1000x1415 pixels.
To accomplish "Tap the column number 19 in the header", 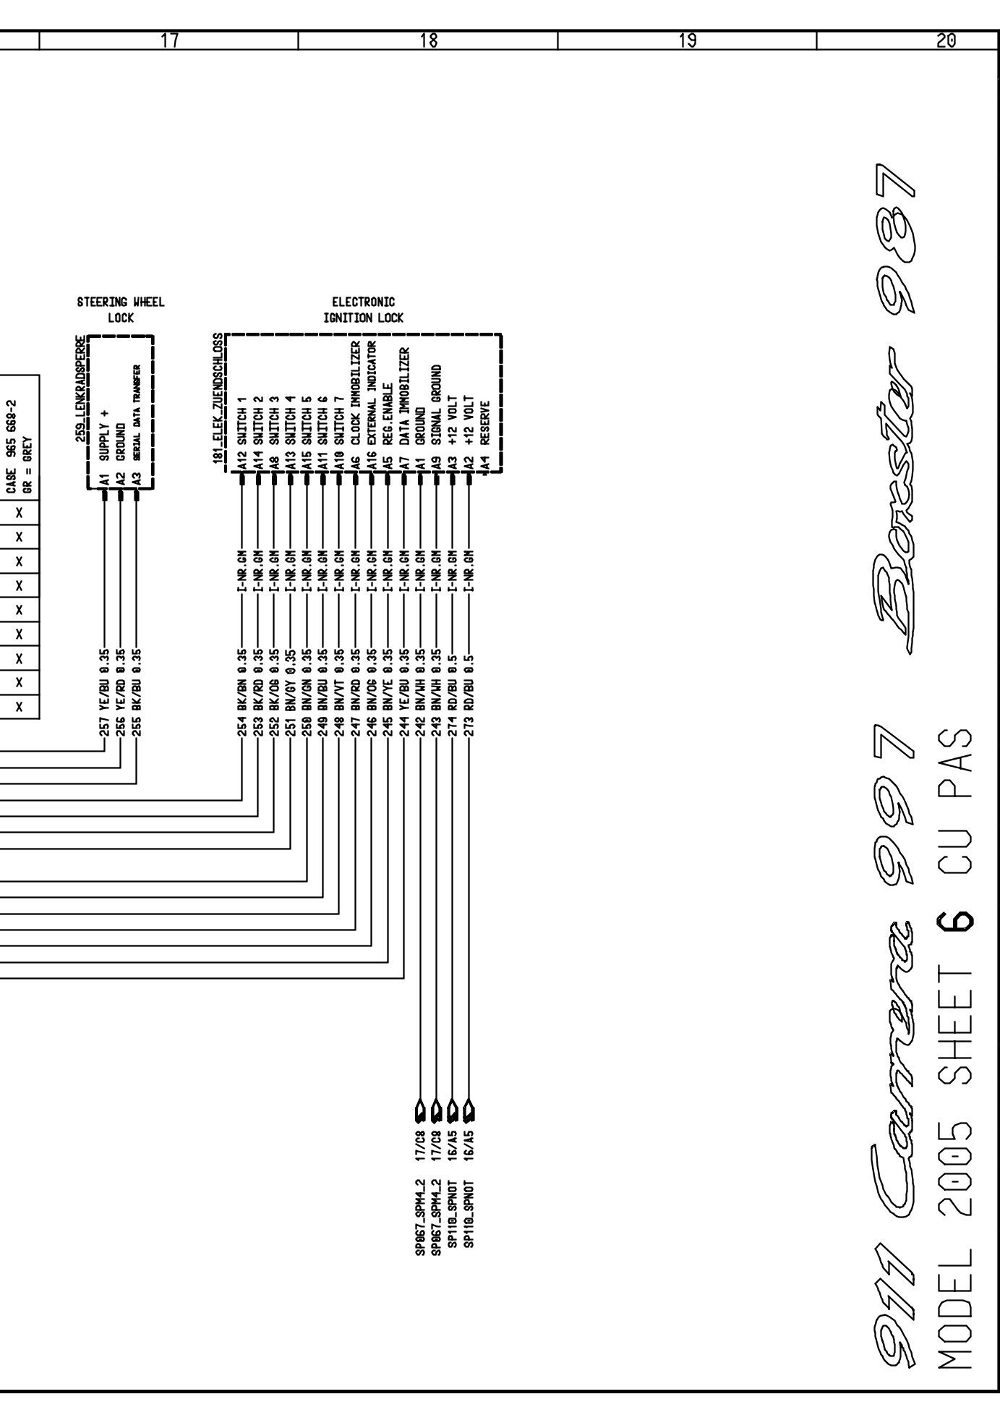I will point(688,41).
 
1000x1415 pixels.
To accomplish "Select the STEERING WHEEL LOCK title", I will point(120,310).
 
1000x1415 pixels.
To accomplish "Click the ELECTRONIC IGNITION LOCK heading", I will point(364,310).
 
